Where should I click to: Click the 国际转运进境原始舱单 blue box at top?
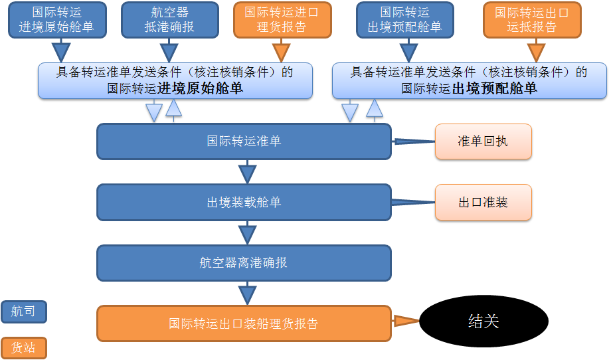(57, 20)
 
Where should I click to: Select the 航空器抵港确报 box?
(170, 20)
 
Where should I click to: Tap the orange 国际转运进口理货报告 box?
(282, 20)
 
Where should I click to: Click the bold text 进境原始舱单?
(200, 88)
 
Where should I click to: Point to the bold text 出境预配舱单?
(495, 88)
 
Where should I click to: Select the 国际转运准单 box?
(244, 141)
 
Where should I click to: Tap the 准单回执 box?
(483, 141)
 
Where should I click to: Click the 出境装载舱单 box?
(244, 203)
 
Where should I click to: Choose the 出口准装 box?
(483, 203)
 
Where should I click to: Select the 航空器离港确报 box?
(244, 263)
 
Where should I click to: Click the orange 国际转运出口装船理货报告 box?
(244, 323)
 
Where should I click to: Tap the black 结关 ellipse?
(483, 321)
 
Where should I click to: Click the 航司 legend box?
(24, 312)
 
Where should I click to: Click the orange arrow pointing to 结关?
(405, 321)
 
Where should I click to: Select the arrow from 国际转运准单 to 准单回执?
(412, 141)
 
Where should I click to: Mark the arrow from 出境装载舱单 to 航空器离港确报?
(247, 233)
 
